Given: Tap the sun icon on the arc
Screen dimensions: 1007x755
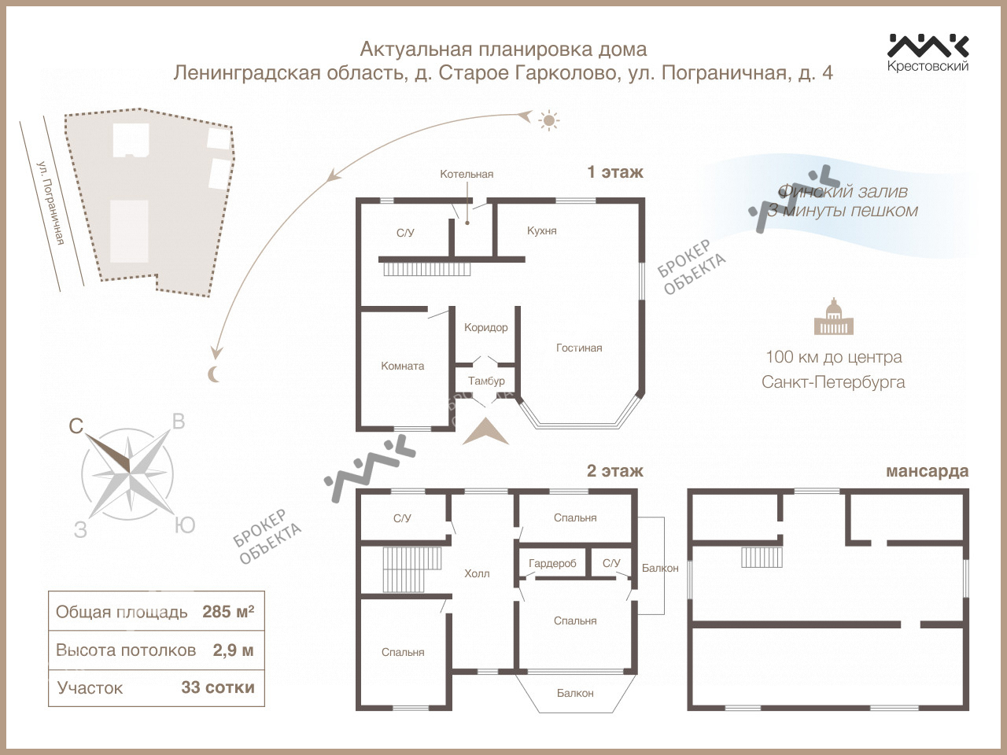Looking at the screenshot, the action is pyautogui.click(x=548, y=120).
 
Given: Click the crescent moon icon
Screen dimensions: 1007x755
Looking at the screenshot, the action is pyautogui.click(x=214, y=374).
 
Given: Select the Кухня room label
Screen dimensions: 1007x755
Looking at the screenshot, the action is pyautogui.click(x=542, y=230).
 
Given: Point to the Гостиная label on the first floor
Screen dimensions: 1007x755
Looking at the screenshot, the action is pyautogui.click(x=579, y=348).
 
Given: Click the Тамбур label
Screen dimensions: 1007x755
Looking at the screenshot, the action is pyautogui.click(x=486, y=381).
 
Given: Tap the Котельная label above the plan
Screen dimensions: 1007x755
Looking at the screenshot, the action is pyautogui.click(x=467, y=174).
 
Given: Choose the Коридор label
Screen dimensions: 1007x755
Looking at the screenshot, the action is pyautogui.click(x=486, y=328).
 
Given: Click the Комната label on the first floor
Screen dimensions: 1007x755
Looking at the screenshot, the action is pyautogui.click(x=402, y=366).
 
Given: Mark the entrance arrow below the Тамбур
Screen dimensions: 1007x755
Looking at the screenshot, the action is pyautogui.click(x=485, y=432).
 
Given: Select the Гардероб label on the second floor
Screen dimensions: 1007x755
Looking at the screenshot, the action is pyautogui.click(x=552, y=563).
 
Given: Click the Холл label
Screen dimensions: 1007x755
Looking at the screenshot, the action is pyautogui.click(x=477, y=573).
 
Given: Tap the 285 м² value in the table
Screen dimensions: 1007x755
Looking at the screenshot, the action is pyautogui.click(x=228, y=612).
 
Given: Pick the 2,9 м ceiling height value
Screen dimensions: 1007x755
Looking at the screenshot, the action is pyautogui.click(x=233, y=650).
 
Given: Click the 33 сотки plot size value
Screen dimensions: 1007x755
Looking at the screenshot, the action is pyautogui.click(x=217, y=687).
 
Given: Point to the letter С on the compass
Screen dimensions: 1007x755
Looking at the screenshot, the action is pyautogui.click(x=76, y=426).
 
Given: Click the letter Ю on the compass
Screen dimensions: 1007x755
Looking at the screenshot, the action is pyautogui.click(x=185, y=525).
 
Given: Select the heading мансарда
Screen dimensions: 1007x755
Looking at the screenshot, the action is pyautogui.click(x=927, y=471).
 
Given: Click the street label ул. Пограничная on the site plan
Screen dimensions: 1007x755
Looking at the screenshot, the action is pyautogui.click(x=50, y=203).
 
